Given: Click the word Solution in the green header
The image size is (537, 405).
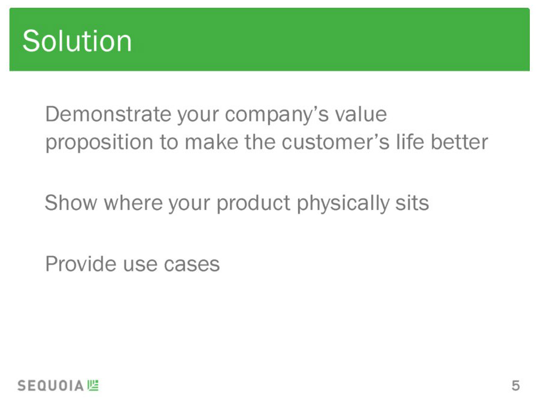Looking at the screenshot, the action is click(x=77, y=41).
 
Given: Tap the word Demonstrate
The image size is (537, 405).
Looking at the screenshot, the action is click(x=108, y=114).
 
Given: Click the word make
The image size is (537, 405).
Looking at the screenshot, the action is click(x=211, y=142).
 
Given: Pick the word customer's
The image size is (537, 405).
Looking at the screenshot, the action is click(x=336, y=142).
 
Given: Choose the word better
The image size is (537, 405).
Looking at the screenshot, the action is click(x=459, y=142).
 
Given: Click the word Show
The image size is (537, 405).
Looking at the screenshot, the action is click(x=71, y=203).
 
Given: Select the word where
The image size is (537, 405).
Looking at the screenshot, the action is click(x=134, y=203).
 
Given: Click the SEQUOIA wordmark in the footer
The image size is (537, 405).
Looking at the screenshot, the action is click(x=51, y=386).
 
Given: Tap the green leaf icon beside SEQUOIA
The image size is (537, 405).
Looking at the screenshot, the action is click(x=93, y=385).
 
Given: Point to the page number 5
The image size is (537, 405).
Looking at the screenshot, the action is click(x=516, y=386).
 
